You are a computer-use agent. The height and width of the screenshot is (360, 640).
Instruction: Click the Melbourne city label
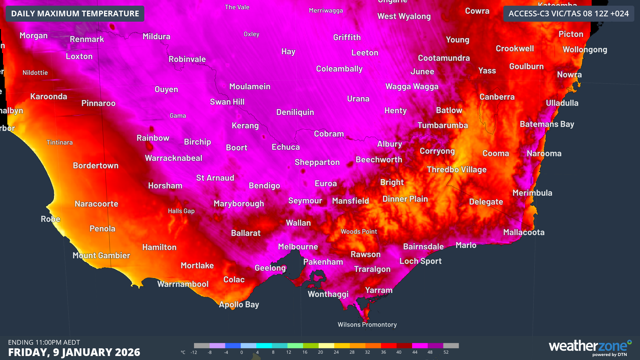(298, 247)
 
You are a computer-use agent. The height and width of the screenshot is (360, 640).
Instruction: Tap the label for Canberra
(497, 97)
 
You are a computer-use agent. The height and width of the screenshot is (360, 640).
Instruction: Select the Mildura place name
(156, 36)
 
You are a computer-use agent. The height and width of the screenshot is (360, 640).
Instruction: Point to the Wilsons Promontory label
(367, 325)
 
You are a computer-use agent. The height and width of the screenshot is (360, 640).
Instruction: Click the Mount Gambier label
(101, 255)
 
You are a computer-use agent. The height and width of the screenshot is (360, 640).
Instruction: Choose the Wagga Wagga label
(412, 87)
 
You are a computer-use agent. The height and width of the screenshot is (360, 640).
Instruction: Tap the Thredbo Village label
(456, 170)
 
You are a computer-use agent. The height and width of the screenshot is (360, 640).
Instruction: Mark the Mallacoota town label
(523, 232)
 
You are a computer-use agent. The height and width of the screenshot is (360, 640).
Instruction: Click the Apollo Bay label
(239, 304)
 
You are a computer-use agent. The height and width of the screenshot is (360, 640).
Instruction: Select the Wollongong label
(585, 50)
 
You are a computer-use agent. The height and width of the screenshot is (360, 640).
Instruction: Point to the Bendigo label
(264, 186)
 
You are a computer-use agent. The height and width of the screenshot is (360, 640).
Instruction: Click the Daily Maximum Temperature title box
(75, 14)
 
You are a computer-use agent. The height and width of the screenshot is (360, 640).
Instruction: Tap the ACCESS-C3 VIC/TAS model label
(568, 14)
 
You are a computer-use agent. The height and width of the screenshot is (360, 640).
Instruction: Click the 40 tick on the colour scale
(399, 352)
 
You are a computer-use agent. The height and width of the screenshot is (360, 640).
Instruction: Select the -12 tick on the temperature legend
(194, 352)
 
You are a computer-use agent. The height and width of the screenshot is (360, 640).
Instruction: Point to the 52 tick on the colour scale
(446, 352)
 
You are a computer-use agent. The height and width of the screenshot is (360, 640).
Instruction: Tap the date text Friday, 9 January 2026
(74, 352)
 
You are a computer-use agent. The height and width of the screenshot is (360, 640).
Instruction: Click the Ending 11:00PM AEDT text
(44, 342)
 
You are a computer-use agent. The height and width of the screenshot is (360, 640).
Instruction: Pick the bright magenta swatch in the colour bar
(420, 346)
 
